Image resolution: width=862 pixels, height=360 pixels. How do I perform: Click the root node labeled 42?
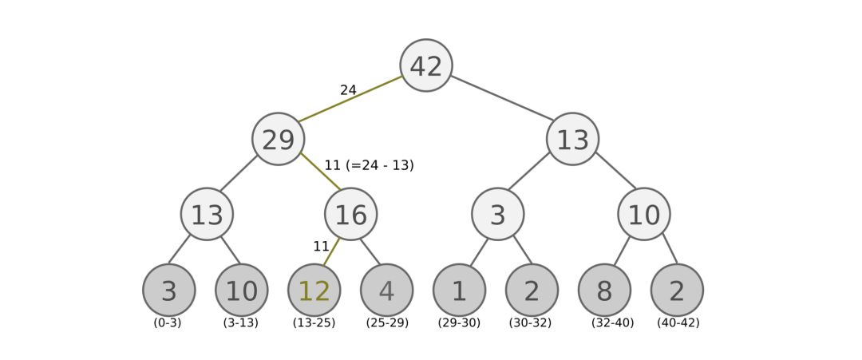(x=426, y=65)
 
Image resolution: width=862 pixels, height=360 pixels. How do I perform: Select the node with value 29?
(x=279, y=140)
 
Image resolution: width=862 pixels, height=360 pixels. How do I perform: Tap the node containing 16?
(x=351, y=214)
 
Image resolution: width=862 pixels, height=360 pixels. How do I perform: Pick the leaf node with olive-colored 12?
(x=314, y=291)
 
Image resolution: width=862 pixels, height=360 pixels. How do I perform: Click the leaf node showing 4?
(x=387, y=291)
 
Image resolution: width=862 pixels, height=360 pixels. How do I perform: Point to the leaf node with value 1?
(x=460, y=291)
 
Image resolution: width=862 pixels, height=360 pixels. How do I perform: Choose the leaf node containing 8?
(x=604, y=291)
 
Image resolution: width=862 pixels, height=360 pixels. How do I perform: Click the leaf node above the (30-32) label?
(x=532, y=291)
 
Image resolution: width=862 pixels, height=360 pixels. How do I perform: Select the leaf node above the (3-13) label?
(x=242, y=291)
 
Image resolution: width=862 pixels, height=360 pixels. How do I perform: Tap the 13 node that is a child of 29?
(x=208, y=214)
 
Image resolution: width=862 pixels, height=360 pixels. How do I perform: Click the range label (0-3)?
(x=168, y=323)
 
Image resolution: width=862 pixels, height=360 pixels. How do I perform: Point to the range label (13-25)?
(x=314, y=323)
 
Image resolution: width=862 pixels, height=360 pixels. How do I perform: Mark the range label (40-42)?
(x=678, y=323)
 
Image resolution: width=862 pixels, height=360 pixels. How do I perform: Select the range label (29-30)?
(x=459, y=323)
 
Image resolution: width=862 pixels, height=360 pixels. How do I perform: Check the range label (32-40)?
(x=613, y=323)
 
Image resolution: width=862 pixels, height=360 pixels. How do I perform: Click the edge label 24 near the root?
(x=348, y=91)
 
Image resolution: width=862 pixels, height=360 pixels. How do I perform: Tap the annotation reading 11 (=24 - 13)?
(x=369, y=166)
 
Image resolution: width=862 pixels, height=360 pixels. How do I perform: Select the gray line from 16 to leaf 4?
(x=369, y=251)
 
